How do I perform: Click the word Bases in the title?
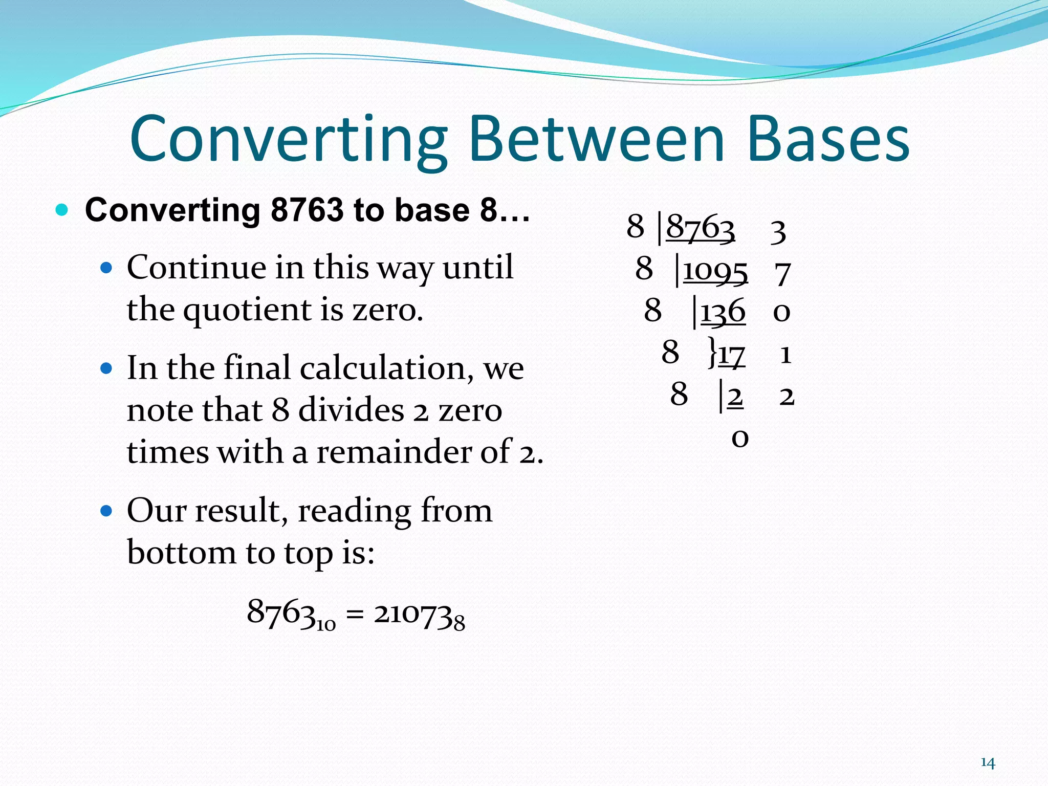click(828, 139)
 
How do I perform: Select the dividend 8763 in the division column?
click(700, 227)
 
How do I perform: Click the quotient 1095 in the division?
click(715, 270)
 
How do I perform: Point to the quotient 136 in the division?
click(723, 311)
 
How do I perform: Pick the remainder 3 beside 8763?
click(778, 231)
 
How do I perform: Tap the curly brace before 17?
click(712, 352)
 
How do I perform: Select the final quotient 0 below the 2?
click(740, 438)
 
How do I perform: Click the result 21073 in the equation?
click(413, 614)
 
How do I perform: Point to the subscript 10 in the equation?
click(325, 625)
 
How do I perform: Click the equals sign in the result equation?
click(355, 614)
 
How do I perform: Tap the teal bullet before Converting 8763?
click(62, 210)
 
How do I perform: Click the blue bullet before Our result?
click(106, 511)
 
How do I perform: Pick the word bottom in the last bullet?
click(181, 553)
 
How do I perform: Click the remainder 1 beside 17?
click(785, 355)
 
